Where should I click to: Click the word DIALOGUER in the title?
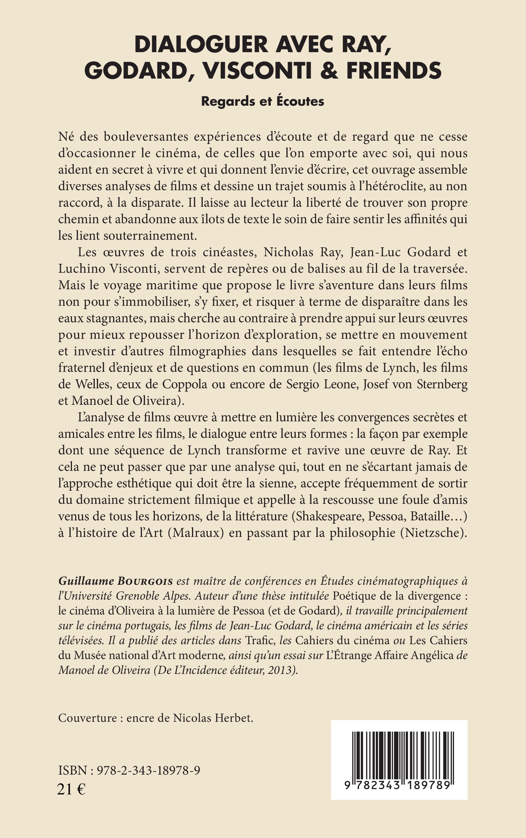click(x=201, y=45)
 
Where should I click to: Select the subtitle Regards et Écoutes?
click(x=263, y=101)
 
